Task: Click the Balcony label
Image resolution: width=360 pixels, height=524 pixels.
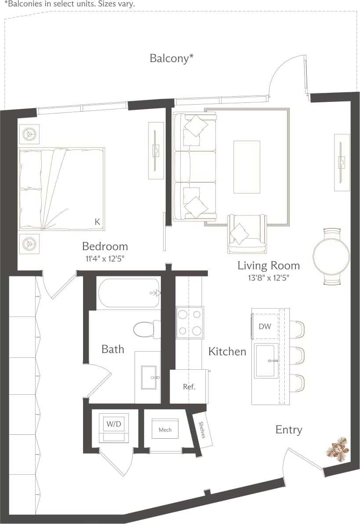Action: click(171, 58)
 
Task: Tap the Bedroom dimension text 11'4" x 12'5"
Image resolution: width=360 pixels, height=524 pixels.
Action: click(105, 259)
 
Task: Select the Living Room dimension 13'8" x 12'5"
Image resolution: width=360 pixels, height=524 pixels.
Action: click(269, 278)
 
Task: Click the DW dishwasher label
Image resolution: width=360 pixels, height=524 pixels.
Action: click(265, 326)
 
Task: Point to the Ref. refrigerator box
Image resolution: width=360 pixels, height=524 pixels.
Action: click(189, 387)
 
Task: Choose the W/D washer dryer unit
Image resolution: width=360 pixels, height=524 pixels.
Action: click(113, 425)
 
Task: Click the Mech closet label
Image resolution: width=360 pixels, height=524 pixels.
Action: click(165, 429)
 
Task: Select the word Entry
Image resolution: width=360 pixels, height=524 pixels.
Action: click(289, 429)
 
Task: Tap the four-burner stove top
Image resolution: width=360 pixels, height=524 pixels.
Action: click(190, 322)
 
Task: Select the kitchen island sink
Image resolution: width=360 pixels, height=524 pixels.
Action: click(266, 361)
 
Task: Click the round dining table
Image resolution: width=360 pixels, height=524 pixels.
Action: click(331, 257)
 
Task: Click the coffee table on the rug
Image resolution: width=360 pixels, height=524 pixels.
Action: click(247, 167)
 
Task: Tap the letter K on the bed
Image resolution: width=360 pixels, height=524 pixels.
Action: click(97, 222)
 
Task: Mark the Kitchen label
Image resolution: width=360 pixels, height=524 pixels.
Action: click(227, 352)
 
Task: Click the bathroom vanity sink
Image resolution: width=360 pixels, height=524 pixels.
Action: click(149, 377)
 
